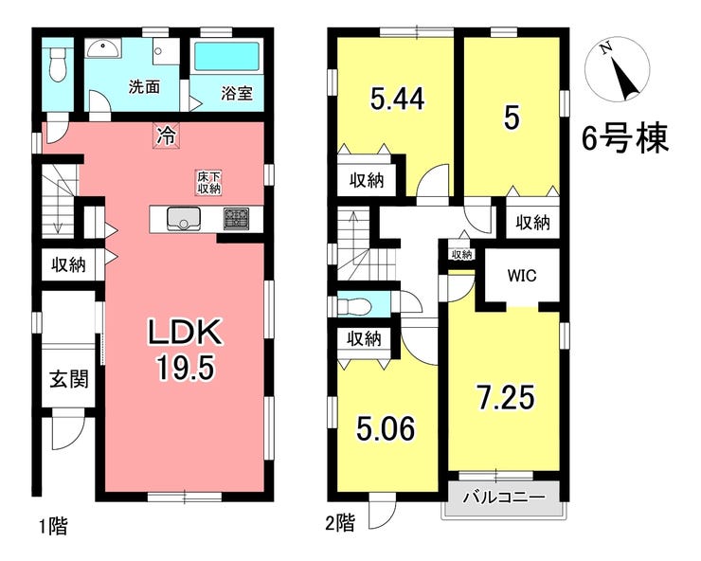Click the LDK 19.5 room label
tap(185, 350)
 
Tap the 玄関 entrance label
tap(69, 379)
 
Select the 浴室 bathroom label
tap(237, 93)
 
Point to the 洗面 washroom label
tap(144, 87)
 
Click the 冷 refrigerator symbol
tap(167, 135)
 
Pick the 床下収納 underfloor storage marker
tap(208, 182)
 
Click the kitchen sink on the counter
tap(183, 219)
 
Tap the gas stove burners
tap(237, 219)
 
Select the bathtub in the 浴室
tap(226, 56)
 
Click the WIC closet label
tap(522, 276)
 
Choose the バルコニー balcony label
tap(504, 498)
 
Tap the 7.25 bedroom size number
tap(506, 397)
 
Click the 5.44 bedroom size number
tap(397, 99)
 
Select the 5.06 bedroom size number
tap(386, 428)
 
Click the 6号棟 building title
tap(624, 137)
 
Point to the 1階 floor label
tap(53, 526)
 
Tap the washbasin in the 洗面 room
tap(103, 48)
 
